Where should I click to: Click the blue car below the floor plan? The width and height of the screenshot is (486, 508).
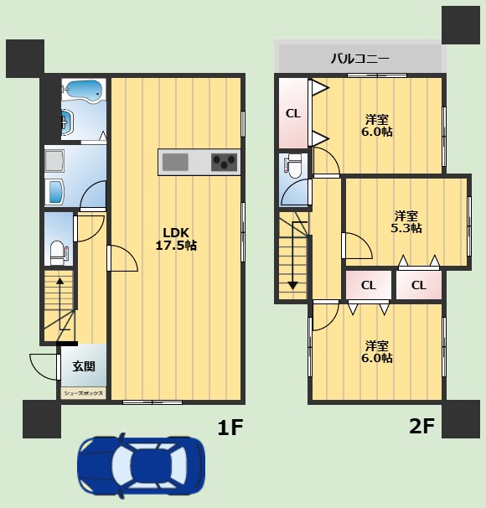tap(141, 468)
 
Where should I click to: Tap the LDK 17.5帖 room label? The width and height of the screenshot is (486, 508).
tap(176, 239)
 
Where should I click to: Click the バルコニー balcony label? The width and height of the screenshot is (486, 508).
tap(359, 59)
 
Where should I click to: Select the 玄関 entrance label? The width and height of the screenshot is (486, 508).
tap(83, 366)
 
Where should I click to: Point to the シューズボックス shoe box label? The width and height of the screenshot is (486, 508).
tap(83, 392)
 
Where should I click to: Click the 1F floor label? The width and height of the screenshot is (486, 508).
tap(230, 428)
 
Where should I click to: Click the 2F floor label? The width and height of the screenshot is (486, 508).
tap(421, 427)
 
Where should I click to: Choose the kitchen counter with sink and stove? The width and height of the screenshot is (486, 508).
tap(199, 161)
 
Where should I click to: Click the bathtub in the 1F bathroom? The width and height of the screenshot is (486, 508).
tap(81, 91)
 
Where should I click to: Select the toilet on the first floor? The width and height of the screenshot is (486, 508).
tap(57, 250)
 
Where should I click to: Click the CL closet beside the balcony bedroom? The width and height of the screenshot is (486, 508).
tap(293, 113)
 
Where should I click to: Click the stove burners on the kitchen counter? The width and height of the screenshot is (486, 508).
tap(225, 161)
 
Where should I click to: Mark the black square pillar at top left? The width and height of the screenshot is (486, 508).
tap(24, 56)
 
